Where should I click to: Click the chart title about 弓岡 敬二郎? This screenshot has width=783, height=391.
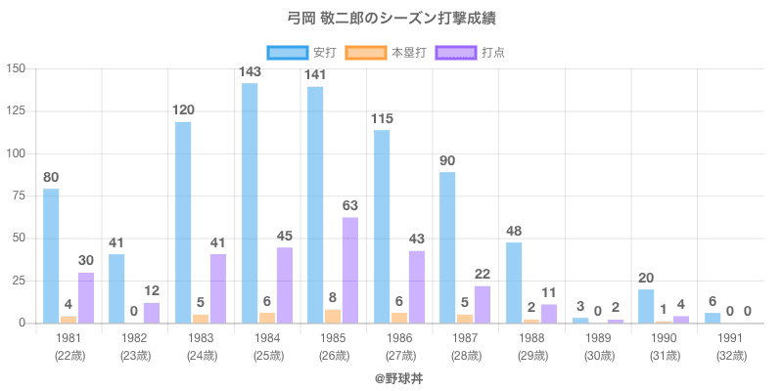pos(391,19)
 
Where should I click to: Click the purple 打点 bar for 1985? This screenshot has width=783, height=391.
pos(350,270)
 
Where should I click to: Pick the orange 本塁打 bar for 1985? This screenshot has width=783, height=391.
pos(333,316)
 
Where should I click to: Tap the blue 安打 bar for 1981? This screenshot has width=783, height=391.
pos(51,256)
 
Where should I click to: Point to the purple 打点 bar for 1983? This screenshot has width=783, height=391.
pos(218,288)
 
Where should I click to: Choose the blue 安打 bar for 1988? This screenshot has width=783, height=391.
pos(514,282)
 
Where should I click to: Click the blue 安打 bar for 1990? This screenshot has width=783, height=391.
pos(646,306)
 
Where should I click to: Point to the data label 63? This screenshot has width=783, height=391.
pos(351,205)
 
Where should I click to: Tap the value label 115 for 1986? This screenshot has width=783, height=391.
pos(383,118)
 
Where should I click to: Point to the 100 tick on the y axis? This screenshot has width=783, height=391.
pos(17,153)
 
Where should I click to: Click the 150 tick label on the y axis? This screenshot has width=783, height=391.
pos(17,68)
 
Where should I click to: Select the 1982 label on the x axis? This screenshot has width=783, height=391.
pos(135,337)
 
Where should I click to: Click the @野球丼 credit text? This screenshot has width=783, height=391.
pos(391,376)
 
